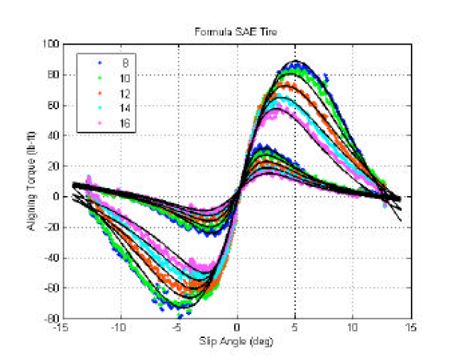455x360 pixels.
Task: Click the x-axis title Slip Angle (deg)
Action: tap(237, 342)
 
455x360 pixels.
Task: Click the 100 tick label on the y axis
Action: tap(50, 44)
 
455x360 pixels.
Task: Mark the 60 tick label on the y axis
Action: tap(53, 105)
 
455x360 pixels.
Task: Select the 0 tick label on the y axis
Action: tap(55, 197)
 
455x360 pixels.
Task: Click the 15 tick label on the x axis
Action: tap(410, 329)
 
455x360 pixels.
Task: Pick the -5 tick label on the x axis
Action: tap(178, 329)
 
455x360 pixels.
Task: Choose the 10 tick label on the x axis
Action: tap(352, 329)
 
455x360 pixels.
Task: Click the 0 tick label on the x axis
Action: tap(237, 329)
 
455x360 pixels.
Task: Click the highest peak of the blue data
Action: tap(298, 62)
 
